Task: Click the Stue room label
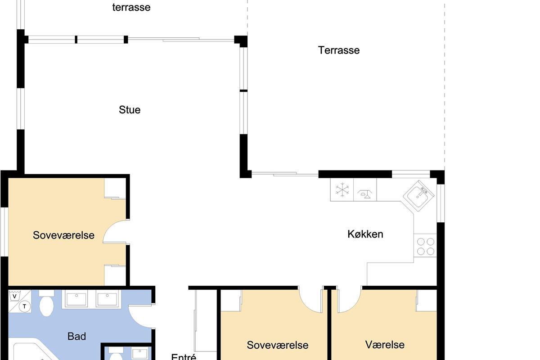[130, 110]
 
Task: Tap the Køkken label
[365, 234]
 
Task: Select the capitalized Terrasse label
[339, 50]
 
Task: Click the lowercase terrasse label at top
[131, 7]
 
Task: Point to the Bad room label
[76, 336]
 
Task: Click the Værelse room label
[385, 345]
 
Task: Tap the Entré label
[184, 356]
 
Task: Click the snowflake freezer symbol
[342, 189]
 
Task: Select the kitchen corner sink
[419, 196]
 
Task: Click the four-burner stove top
[425, 246]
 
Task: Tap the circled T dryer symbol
[24, 306]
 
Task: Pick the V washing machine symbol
[14, 296]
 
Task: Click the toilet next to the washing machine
[46, 303]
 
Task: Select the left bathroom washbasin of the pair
[76, 299]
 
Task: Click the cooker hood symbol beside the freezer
[365, 193]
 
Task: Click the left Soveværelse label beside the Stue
[63, 235]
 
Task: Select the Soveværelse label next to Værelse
[278, 345]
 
